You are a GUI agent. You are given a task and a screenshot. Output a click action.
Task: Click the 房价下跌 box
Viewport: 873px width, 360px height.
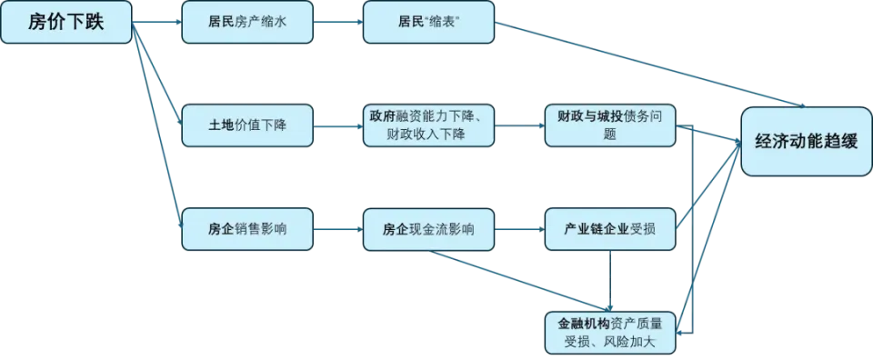coord(66,23)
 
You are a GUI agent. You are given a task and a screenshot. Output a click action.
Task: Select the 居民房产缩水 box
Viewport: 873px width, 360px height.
coord(246,23)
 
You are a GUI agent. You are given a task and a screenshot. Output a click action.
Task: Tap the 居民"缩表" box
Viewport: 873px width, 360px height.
coord(428,23)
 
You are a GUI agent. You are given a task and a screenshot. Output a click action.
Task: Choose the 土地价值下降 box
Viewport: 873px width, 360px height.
coord(246,125)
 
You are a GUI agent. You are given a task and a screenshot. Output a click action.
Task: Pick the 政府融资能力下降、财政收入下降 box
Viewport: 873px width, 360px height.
coord(428,125)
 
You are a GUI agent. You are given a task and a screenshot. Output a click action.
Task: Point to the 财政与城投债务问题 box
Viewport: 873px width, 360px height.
coord(610,125)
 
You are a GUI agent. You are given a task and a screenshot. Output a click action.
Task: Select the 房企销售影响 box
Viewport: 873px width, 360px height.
coord(246,228)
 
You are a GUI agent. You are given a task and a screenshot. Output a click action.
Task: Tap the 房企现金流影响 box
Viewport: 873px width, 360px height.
coord(428,228)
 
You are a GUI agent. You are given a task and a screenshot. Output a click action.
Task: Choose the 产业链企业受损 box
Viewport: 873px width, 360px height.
coord(610,228)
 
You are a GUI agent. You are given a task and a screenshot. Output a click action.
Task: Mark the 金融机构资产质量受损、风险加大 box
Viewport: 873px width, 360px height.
coord(610,332)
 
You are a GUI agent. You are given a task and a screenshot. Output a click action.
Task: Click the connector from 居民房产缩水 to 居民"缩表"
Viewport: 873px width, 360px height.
coord(337,23)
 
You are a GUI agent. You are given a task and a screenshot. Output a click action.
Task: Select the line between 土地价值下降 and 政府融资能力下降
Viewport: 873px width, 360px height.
coord(337,125)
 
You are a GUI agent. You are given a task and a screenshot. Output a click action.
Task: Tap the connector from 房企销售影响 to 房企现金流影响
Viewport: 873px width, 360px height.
coord(337,228)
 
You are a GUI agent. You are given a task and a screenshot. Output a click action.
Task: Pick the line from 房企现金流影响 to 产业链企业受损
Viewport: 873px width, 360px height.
coord(519,228)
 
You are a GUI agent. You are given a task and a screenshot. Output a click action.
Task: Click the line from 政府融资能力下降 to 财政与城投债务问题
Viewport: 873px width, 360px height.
coord(519,125)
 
